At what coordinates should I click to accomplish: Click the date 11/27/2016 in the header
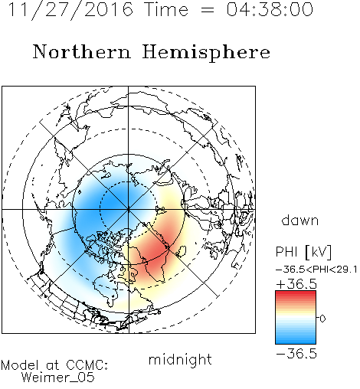pyautogui.click(x=71, y=10)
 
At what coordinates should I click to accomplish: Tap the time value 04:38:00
pyautogui.click(x=270, y=9)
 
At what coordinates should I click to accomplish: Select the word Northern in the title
pyautogui.click(x=82, y=52)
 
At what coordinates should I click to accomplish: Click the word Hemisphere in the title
pyautogui.click(x=206, y=53)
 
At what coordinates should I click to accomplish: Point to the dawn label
pyautogui.click(x=300, y=221)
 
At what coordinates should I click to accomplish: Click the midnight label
pyautogui.click(x=180, y=360)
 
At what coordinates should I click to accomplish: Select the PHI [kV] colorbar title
pyautogui.click(x=303, y=252)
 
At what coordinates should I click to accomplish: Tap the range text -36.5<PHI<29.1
pyautogui.click(x=316, y=270)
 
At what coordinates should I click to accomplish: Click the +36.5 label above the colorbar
pyautogui.click(x=296, y=284)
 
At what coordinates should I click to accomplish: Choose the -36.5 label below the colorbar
pyautogui.click(x=296, y=354)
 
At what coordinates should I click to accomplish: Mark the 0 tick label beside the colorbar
pyautogui.click(x=322, y=319)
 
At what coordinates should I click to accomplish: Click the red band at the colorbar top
pyautogui.click(x=296, y=293)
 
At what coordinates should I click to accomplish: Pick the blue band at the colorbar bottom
pyautogui.click(x=296, y=341)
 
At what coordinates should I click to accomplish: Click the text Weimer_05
pyautogui.click(x=58, y=378)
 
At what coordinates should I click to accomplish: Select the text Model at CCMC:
pyautogui.click(x=54, y=365)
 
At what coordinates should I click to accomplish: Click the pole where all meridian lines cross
pyautogui.click(x=128, y=210)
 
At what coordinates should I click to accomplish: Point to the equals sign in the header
pyautogui.click(x=208, y=10)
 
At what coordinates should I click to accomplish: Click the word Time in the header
pyautogui.click(x=166, y=9)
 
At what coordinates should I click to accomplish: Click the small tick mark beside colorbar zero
pyautogui.click(x=317, y=318)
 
